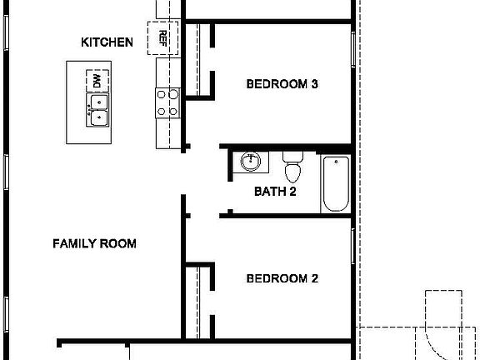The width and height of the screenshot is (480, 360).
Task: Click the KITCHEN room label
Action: (x=106, y=42)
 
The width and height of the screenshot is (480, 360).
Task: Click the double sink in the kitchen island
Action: (x=98, y=108)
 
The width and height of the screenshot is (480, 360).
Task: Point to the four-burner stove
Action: (x=166, y=102)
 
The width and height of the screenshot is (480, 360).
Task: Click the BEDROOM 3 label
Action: (x=283, y=84)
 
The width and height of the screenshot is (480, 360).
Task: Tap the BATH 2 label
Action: (x=276, y=192)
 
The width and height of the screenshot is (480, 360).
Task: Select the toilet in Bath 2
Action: (x=292, y=166)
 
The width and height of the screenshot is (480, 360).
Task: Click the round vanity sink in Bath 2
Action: (x=249, y=161)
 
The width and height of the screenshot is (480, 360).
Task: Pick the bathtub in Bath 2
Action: (x=335, y=183)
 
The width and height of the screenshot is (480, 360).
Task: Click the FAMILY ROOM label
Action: (x=94, y=244)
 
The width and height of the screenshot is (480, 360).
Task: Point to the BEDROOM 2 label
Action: (x=282, y=279)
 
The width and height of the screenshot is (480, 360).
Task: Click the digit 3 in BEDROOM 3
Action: (x=315, y=84)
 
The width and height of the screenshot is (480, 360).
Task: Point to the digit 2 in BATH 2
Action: (x=293, y=192)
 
